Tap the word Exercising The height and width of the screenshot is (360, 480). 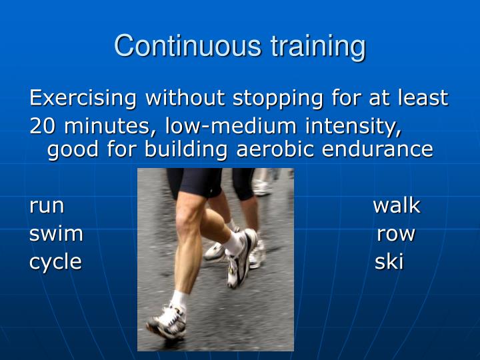click(84, 99)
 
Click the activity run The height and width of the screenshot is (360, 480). click(46, 206)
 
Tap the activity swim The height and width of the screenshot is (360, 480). click(56, 234)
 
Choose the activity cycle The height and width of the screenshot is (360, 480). click(55, 262)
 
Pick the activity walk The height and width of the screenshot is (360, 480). click(396, 205)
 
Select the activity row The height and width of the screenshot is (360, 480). click(396, 234)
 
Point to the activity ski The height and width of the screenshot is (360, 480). click(389, 262)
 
